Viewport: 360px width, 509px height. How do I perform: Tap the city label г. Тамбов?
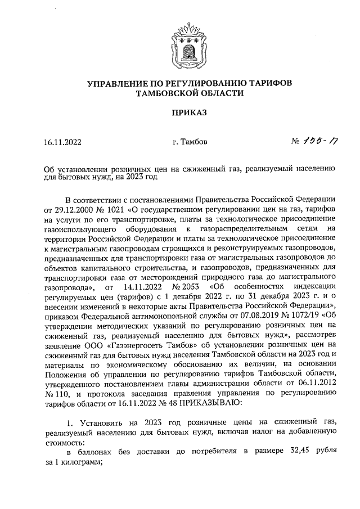[x=190, y=142]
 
